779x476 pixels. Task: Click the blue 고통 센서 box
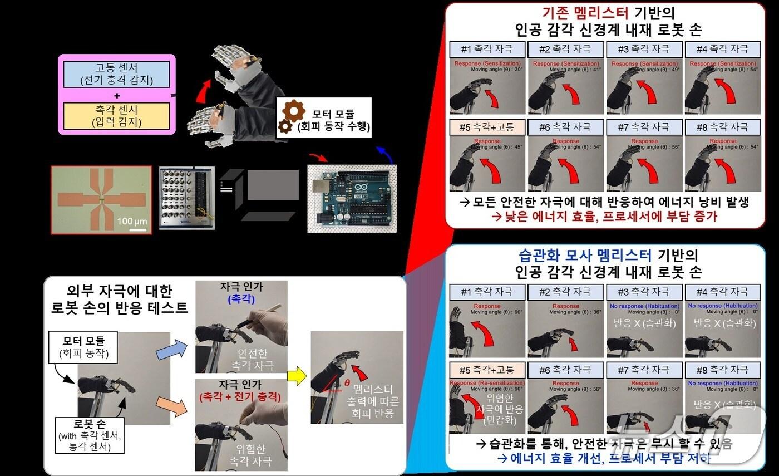click(117, 74)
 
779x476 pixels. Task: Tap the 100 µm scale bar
click(132, 228)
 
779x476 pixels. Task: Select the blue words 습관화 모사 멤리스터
click(584, 256)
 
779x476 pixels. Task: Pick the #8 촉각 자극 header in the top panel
click(723, 127)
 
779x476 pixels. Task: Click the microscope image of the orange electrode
click(101, 199)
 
